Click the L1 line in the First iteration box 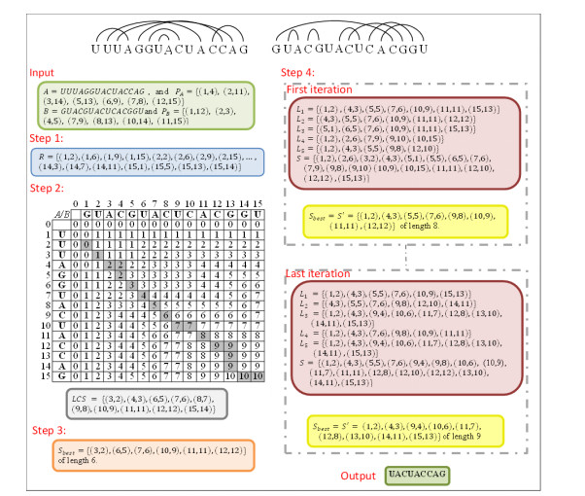[x=418, y=109]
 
